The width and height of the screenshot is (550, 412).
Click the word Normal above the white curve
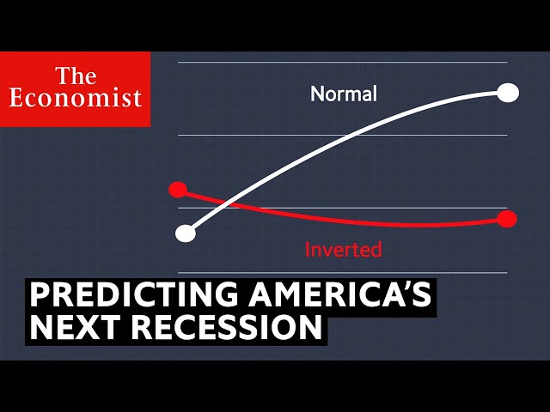(x=344, y=94)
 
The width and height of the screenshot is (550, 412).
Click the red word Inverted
(x=343, y=250)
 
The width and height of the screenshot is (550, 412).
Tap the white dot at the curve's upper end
(x=508, y=93)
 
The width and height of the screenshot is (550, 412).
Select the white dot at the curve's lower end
(x=186, y=233)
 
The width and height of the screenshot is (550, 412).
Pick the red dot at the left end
(x=178, y=190)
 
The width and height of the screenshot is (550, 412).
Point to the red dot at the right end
(x=507, y=219)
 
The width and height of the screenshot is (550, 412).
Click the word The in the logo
(x=76, y=76)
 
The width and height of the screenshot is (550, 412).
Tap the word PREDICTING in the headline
(x=134, y=294)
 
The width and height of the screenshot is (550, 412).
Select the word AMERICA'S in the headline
(x=340, y=294)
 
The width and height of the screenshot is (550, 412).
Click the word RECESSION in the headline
(x=227, y=327)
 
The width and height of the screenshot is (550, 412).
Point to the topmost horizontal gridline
(x=343, y=63)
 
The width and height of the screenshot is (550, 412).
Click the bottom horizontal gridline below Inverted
(x=343, y=273)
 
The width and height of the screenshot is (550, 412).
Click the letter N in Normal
(x=317, y=94)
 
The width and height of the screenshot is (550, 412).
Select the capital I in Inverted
(x=307, y=250)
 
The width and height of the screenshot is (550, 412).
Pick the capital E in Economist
(x=18, y=98)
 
